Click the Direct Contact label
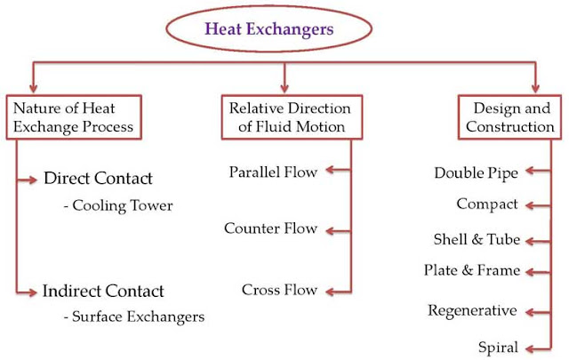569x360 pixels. (x=98, y=179)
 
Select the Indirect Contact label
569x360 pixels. (x=103, y=291)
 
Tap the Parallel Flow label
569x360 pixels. (x=273, y=172)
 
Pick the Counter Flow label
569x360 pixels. (x=270, y=229)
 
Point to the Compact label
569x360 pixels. (x=487, y=204)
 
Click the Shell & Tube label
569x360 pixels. (x=477, y=240)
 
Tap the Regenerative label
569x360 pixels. (x=472, y=311)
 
